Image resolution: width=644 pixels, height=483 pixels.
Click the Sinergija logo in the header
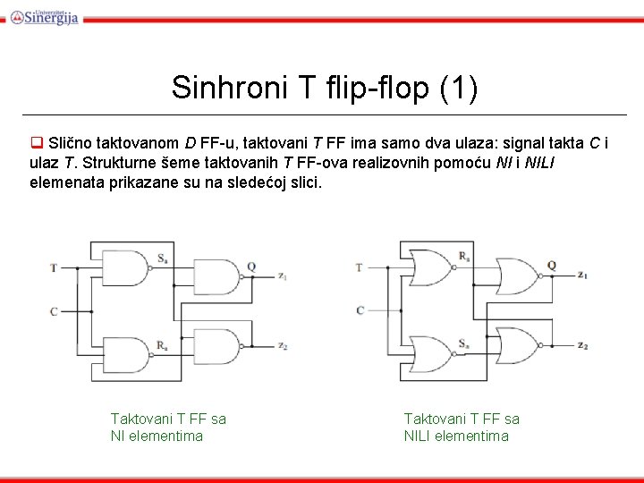click(44, 15)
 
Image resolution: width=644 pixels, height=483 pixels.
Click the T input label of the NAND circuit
click(54, 267)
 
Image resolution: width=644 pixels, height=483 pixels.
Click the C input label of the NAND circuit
click(54, 311)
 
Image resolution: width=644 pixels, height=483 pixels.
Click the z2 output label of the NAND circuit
click(282, 346)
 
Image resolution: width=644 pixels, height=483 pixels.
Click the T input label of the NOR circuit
click(359, 267)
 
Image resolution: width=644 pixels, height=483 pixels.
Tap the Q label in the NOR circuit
click(552, 266)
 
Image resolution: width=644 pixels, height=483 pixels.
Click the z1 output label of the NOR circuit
click(582, 275)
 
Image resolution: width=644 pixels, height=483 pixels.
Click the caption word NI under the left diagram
click(119, 436)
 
